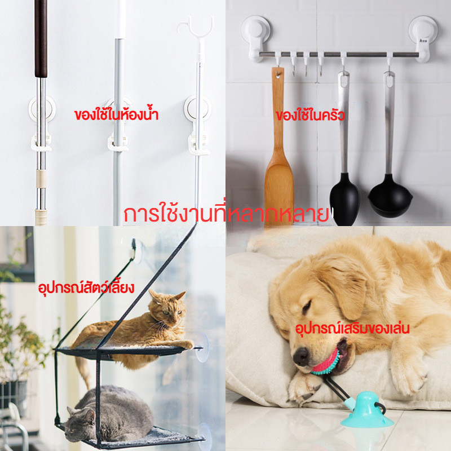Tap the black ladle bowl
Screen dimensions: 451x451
[390, 198]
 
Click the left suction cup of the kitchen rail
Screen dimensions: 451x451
[256, 37]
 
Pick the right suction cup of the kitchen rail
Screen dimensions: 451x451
[423, 38]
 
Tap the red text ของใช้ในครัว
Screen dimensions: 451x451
[310, 115]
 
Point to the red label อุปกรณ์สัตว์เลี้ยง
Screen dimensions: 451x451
[86, 287]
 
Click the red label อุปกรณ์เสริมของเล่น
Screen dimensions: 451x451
[352, 328]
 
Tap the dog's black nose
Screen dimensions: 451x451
[300, 356]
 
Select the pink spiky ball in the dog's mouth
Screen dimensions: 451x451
[326, 363]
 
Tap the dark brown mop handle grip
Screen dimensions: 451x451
[41, 38]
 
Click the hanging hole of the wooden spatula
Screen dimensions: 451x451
[277, 75]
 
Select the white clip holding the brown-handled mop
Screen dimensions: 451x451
[41, 143]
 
